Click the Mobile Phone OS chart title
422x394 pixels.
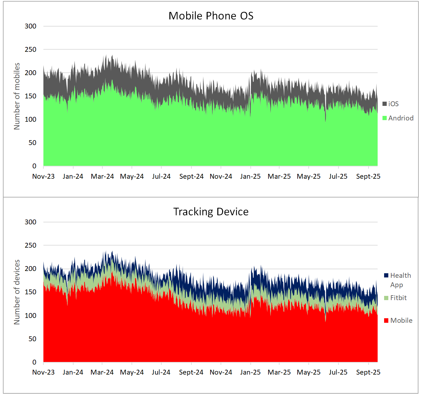click(211, 16)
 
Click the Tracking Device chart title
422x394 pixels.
click(211, 212)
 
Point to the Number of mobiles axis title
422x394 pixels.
click(17, 96)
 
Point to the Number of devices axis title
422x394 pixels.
click(17, 292)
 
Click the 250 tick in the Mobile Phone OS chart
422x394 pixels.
click(30, 50)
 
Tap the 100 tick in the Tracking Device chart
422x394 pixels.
click(30, 316)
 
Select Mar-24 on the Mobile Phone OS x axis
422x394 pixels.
click(102, 176)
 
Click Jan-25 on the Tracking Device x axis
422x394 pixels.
click(250, 372)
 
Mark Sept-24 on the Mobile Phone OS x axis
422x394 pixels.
click(191, 176)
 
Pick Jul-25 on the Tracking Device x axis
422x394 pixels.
click(338, 372)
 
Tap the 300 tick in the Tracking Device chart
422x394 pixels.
click(30, 222)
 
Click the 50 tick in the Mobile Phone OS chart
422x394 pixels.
click(32, 143)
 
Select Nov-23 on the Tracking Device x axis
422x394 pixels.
click(43, 372)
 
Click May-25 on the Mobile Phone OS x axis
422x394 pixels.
click(309, 176)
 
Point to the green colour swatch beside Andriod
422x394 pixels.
click(385, 118)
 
